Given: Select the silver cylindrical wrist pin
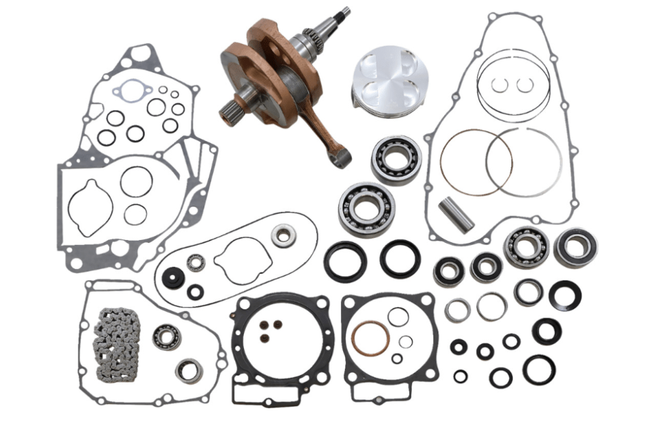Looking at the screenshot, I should click(456, 215).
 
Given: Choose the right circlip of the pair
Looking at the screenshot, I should click(525, 85).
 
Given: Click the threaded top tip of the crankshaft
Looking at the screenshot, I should click(344, 12).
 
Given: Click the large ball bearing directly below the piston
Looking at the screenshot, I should click(396, 159).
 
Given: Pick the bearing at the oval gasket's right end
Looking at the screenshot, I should click(283, 236).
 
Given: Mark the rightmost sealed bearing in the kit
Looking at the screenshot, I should click(575, 248).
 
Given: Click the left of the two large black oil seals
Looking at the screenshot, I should click(345, 261).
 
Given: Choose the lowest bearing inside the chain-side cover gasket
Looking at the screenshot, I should click(188, 371).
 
